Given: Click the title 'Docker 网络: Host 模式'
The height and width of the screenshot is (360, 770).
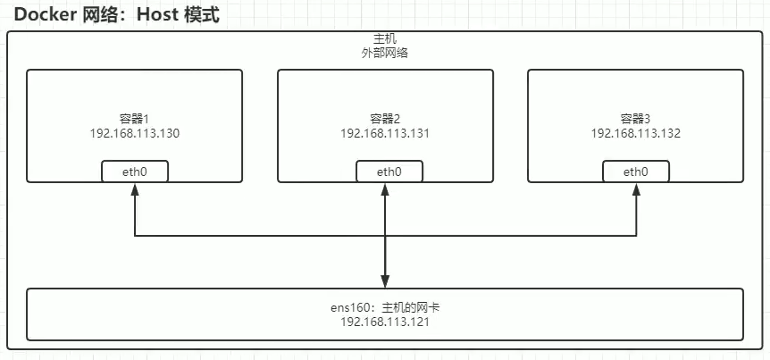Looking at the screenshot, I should tap(117, 16).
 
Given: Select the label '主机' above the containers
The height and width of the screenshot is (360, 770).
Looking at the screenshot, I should tap(385, 40).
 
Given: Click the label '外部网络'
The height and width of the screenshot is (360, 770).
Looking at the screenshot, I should tap(385, 54).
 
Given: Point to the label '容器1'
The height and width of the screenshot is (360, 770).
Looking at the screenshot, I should tap(134, 119).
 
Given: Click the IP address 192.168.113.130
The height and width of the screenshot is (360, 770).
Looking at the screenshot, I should tap(134, 133).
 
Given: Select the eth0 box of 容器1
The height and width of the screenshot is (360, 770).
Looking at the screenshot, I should tap(134, 172).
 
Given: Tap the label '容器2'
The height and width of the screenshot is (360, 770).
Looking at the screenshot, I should tap(385, 119).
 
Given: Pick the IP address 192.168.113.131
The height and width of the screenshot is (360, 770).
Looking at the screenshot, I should tap(385, 133).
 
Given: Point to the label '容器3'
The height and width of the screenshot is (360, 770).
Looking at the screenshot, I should tap(636, 119).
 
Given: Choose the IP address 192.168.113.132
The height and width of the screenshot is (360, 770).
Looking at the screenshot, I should tap(636, 133).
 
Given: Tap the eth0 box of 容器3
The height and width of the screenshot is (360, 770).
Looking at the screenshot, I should tap(636, 172).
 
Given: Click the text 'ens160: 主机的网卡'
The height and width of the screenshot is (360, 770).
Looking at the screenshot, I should tap(385, 307).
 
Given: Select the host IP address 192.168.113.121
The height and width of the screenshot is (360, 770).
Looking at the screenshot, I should tap(385, 322).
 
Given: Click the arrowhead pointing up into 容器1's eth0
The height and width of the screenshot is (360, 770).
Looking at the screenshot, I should tap(134, 189).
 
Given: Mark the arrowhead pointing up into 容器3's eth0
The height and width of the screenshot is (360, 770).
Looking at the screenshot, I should tap(636, 189).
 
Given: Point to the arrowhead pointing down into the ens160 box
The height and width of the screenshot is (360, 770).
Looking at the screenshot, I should tap(385, 280).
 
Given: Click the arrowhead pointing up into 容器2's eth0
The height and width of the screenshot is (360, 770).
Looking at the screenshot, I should tap(385, 189).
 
